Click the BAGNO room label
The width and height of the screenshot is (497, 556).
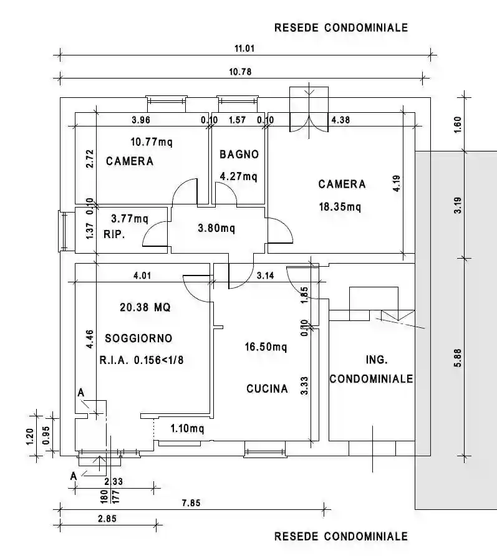[x=239, y=154]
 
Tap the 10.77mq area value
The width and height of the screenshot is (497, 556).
[x=152, y=142]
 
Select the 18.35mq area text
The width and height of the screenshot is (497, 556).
[x=340, y=206]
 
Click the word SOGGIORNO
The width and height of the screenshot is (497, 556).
[x=138, y=338]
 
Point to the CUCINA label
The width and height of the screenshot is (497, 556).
[x=267, y=388]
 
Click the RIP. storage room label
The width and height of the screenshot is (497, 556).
[x=114, y=234]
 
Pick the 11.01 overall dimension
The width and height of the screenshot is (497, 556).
[x=244, y=48]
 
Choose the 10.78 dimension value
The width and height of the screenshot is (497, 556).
[x=240, y=72]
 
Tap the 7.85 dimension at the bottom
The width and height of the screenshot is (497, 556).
[x=191, y=503]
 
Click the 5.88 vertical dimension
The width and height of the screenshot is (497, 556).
[x=458, y=358]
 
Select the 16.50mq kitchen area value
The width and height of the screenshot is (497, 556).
[x=266, y=347]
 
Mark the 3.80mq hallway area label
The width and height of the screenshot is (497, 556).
[x=216, y=228]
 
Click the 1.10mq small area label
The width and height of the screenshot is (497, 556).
[x=187, y=429]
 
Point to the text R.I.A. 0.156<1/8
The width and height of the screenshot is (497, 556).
[x=141, y=360]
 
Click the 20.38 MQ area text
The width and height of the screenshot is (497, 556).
[x=145, y=307]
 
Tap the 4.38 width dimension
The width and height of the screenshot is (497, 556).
[x=340, y=120]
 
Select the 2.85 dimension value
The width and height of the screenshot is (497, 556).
[x=107, y=519]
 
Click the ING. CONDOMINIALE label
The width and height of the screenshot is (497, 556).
[x=372, y=370]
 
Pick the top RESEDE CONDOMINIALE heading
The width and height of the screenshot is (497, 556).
[x=341, y=27]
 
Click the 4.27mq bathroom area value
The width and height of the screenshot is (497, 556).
[x=238, y=176]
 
